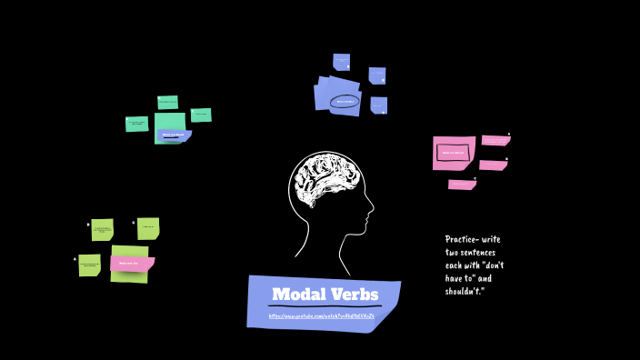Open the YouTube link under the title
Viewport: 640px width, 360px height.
coord(321,315)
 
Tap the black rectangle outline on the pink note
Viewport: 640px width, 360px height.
coord(452,154)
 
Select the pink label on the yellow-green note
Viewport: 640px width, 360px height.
coord(132,264)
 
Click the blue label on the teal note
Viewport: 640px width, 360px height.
coord(173,135)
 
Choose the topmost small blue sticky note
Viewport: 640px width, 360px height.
coord(341,61)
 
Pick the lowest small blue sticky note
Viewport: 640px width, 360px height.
coord(379,105)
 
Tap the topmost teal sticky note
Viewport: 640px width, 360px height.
coord(167,102)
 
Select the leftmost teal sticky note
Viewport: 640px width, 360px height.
coord(136,124)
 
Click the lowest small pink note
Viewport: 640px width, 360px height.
coord(462,185)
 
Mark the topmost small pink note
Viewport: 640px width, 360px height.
coord(495,140)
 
